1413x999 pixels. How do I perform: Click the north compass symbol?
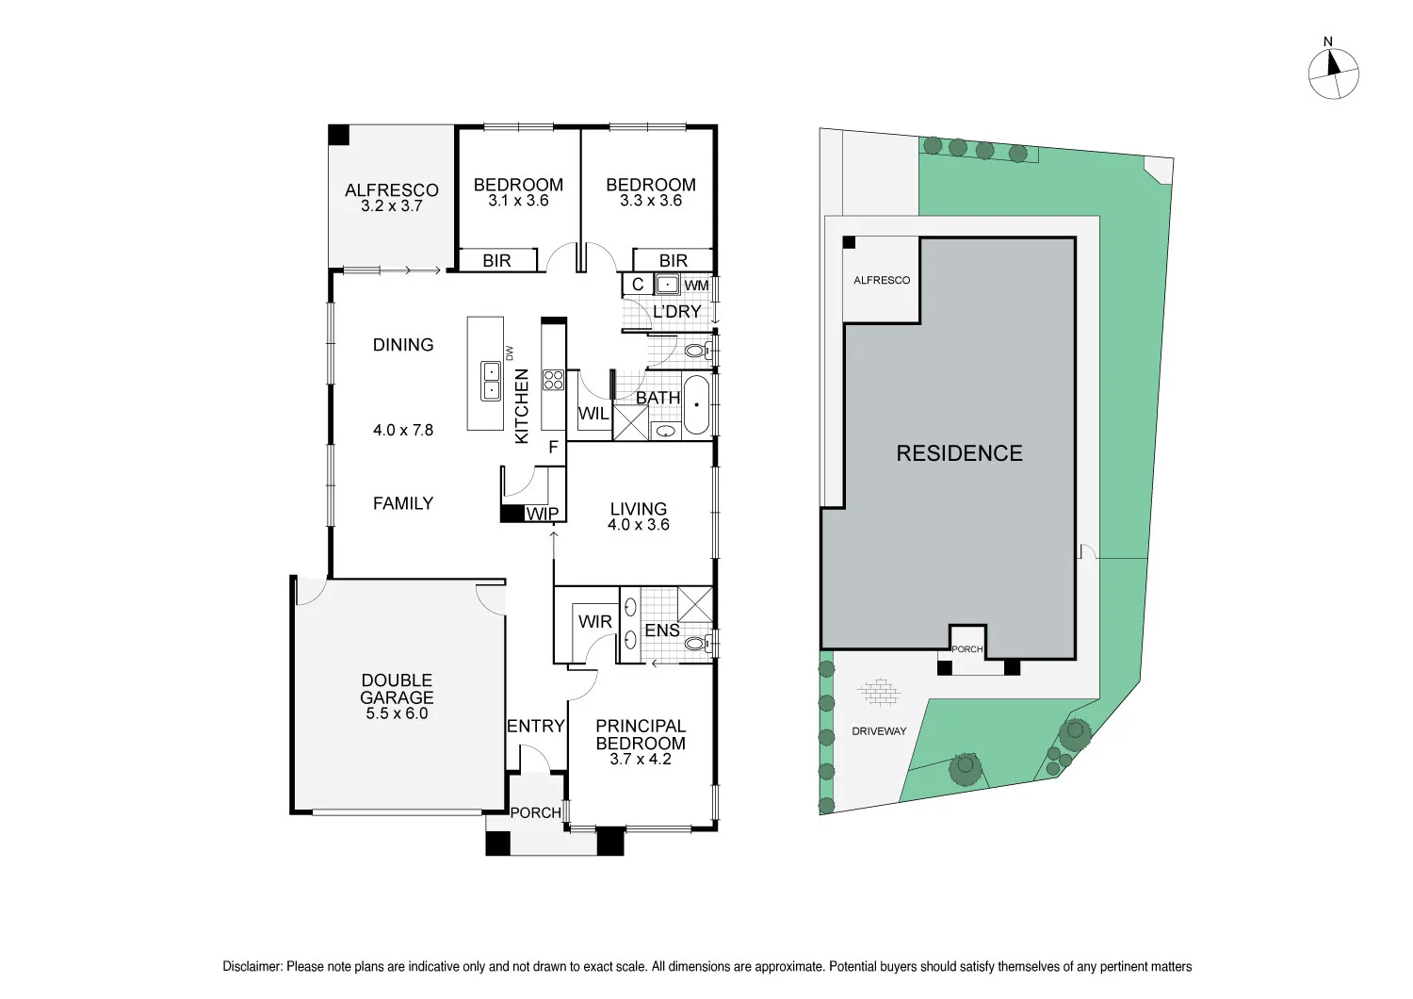[x=1334, y=74]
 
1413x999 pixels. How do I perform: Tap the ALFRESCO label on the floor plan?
[x=392, y=189]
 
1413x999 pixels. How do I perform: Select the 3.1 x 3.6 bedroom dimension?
[x=518, y=201]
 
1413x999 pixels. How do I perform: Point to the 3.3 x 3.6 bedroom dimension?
[x=650, y=201]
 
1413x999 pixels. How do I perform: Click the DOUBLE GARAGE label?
[x=397, y=689]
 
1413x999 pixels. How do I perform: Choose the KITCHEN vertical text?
[x=522, y=406]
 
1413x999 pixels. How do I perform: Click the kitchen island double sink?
[x=491, y=381]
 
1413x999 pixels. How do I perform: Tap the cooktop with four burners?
[x=553, y=380]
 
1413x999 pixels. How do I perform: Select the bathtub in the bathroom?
[x=696, y=405]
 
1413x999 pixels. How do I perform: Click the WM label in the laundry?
[x=696, y=286]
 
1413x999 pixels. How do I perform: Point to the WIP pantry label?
[x=543, y=514]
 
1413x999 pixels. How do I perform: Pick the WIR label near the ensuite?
[x=594, y=621]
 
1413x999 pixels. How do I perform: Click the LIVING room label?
[x=638, y=509]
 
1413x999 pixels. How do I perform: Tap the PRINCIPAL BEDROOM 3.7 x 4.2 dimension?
[x=641, y=760]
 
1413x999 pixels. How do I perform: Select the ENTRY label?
[x=535, y=726]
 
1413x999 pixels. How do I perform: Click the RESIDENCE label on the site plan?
[x=959, y=453]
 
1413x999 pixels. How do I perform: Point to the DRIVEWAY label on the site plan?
[x=879, y=731]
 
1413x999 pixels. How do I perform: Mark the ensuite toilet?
[x=697, y=644]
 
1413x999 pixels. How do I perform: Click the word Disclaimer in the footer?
[x=252, y=966]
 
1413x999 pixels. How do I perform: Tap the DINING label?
[x=403, y=345]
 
